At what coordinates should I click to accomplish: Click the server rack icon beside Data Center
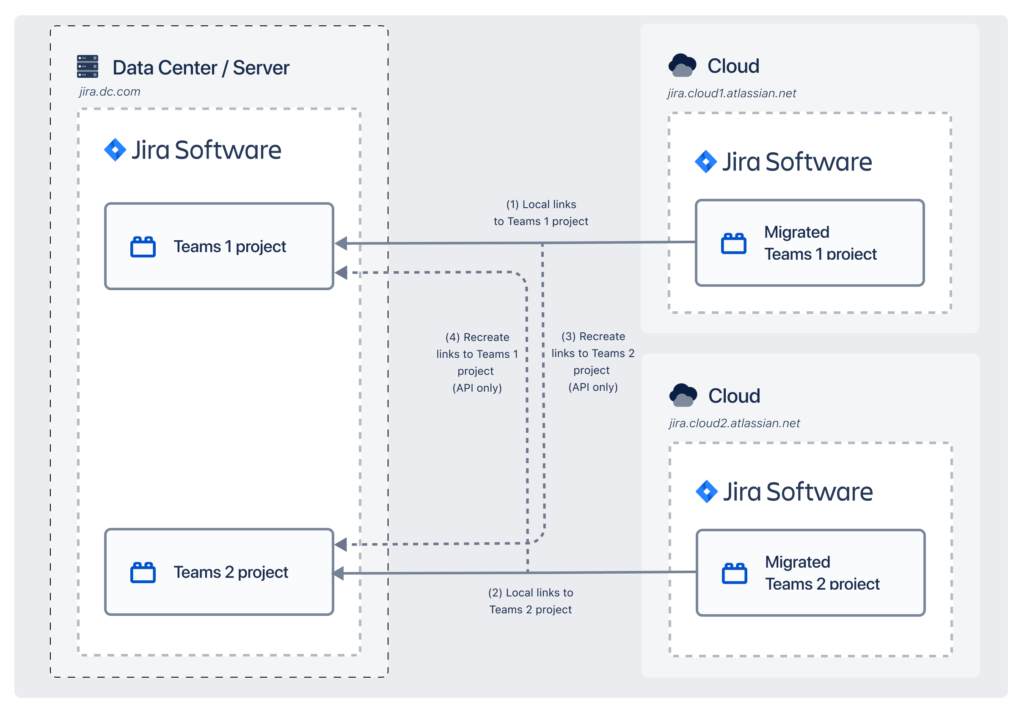pyautogui.click(x=87, y=66)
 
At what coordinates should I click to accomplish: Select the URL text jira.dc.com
pyautogui.click(x=110, y=92)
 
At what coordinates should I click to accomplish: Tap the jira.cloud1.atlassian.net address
pyautogui.click(x=731, y=93)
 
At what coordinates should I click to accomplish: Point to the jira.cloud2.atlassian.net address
pyautogui.click(x=734, y=423)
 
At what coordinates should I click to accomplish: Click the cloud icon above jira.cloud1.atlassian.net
pyautogui.click(x=682, y=65)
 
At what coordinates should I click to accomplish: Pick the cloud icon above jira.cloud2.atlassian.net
pyautogui.click(x=683, y=395)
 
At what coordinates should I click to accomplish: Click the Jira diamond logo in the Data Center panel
pyautogui.click(x=115, y=150)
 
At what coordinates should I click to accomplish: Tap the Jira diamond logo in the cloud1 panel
pyautogui.click(x=705, y=162)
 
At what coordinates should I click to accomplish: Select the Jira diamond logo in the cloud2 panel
pyautogui.click(x=707, y=492)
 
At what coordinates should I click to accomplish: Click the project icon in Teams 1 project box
pyautogui.click(x=143, y=247)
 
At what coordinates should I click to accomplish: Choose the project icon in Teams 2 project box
pyautogui.click(x=143, y=573)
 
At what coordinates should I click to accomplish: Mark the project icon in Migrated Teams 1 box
pyautogui.click(x=733, y=244)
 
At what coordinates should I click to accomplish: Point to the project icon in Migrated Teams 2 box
pyautogui.click(x=734, y=574)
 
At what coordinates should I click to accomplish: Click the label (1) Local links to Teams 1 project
pyautogui.click(x=540, y=213)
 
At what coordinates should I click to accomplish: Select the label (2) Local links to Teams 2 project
pyautogui.click(x=530, y=601)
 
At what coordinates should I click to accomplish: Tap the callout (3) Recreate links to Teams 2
pyautogui.click(x=593, y=362)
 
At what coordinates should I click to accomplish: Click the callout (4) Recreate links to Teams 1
pyautogui.click(x=477, y=362)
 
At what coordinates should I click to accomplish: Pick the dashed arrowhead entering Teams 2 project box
pyautogui.click(x=341, y=544)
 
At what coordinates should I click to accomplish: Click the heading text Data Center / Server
pyautogui.click(x=201, y=68)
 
